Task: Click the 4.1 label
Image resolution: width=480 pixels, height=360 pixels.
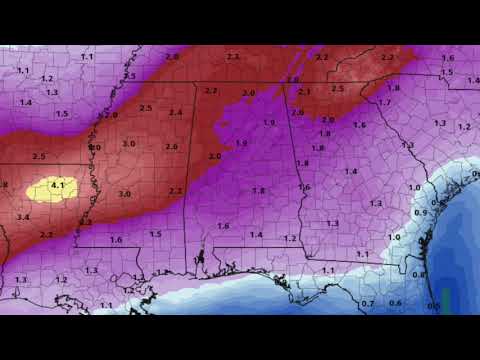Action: point(57,185)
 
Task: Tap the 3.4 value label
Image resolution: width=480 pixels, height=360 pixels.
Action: point(23,217)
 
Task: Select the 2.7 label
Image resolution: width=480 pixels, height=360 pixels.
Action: point(211,91)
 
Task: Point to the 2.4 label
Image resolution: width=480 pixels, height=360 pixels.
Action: point(176,112)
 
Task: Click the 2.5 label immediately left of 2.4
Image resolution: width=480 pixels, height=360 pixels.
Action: point(146,108)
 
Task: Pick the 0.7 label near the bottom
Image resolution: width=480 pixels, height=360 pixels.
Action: point(368,303)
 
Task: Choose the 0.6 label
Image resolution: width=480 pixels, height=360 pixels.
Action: point(395,303)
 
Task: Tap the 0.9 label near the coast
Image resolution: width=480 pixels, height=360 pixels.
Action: point(420,213)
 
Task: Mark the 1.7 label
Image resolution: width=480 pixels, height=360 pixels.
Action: point(384,103)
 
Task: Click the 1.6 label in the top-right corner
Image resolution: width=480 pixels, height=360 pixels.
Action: point(447,58)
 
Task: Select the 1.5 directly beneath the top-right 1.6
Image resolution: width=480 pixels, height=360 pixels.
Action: point(447,72)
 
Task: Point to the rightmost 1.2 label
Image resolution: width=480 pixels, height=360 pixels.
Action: point(463,127)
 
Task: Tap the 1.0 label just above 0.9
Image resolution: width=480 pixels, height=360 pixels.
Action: point(414,187)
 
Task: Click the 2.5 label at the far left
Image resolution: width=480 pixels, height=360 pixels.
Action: point(39,157)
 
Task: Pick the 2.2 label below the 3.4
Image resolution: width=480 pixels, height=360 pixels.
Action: point(46,234)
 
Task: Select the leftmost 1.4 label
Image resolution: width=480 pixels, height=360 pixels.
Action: point(26,102)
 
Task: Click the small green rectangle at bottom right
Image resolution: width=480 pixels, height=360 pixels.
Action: point(447,299)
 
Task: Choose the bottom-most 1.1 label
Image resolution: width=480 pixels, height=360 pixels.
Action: point(328,271)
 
